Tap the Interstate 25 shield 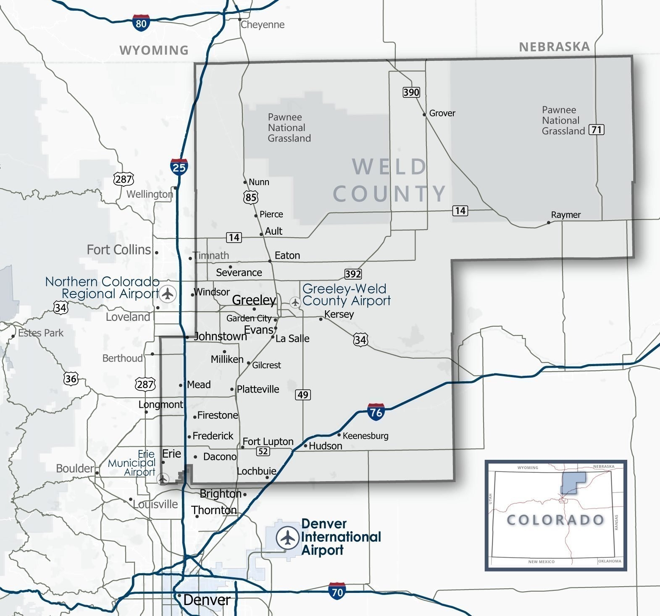pos(179,167)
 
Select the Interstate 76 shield pos(376,412)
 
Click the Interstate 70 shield pos(337,591)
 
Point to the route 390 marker pos(411,92)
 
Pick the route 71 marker pos(597,129)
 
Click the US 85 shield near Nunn pos(251,197)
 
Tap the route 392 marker pos(353,274)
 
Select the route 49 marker pos(303,395)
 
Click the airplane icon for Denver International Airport pos(287,537)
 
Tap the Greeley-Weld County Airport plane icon pos(295,302)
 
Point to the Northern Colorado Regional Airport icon pos(168,293)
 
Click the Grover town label pos(442,113)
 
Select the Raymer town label pos(565,215)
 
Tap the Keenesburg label pos(365,436)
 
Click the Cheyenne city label pos(263,24)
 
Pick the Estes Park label pos(41,333)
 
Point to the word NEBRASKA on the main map pos(554,47)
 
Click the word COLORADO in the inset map pos(555,520)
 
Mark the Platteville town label pos(258,389)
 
